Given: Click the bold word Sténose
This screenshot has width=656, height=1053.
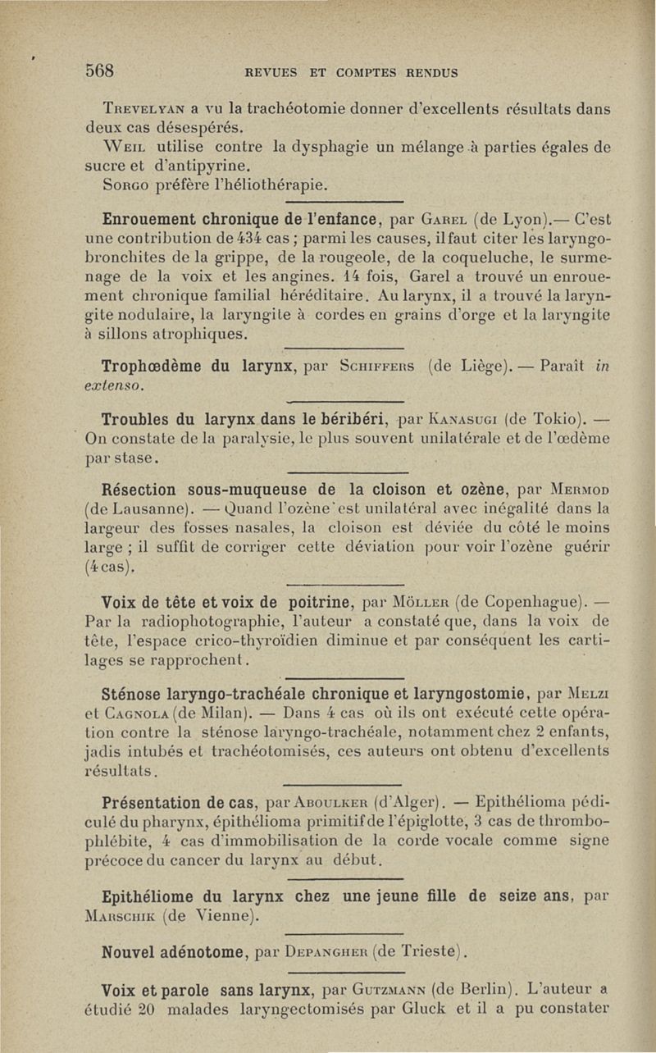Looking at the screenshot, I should click(x=136, y=683).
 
